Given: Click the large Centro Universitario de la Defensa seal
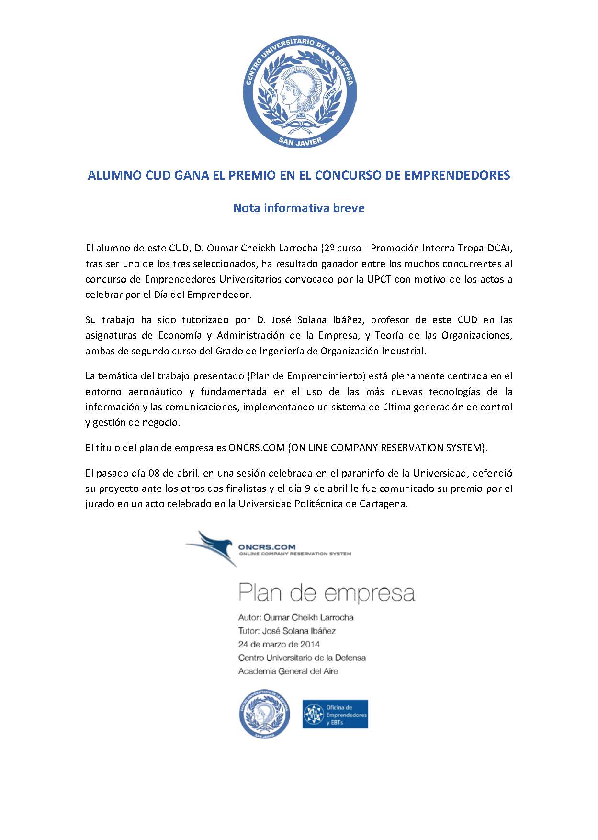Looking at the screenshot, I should (299, 91).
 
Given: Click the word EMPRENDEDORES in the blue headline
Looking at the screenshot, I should (457, 175).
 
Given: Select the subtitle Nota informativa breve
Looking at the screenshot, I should (299, 208).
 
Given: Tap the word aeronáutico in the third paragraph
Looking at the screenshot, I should (155, 392).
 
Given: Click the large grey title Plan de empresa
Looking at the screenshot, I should (327, 593).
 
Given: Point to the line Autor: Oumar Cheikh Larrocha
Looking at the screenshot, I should (296, 617).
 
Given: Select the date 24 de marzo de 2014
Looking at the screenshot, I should (279, 644).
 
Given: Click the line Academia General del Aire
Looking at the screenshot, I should (288, 671).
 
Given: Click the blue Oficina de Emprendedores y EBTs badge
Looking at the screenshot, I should (335, 714).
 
